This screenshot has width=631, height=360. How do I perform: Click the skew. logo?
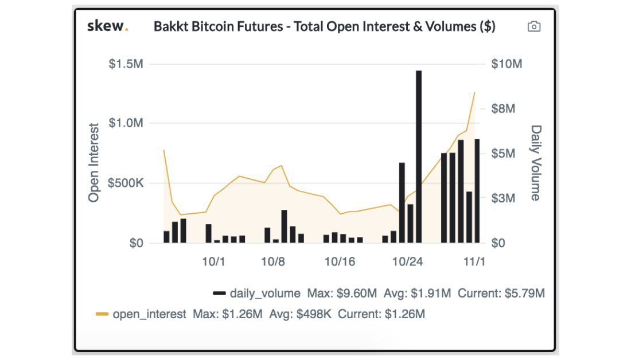(107, 26)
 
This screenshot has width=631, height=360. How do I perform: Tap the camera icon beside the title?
(534, 26)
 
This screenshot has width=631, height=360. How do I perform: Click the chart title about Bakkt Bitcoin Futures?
(325, 27)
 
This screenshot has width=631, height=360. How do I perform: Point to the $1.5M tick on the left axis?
(126, 64)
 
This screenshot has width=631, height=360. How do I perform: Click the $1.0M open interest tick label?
(126, 123)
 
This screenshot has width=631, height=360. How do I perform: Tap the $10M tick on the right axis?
(507, 64)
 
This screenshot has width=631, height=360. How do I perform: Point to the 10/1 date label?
(213, 261)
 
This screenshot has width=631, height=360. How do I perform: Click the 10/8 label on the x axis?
(273, 261)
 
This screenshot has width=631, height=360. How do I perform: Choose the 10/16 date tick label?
(340, 261)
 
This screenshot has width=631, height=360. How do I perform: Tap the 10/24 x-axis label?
(407, 261)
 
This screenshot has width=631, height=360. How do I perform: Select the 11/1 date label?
(474, 261)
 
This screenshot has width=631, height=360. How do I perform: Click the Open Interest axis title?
(94, 162)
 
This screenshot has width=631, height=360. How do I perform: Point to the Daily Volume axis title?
(536, 163)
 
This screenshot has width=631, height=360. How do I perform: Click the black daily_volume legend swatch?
(219, 294)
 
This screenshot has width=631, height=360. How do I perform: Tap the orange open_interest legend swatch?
(102, 314)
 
